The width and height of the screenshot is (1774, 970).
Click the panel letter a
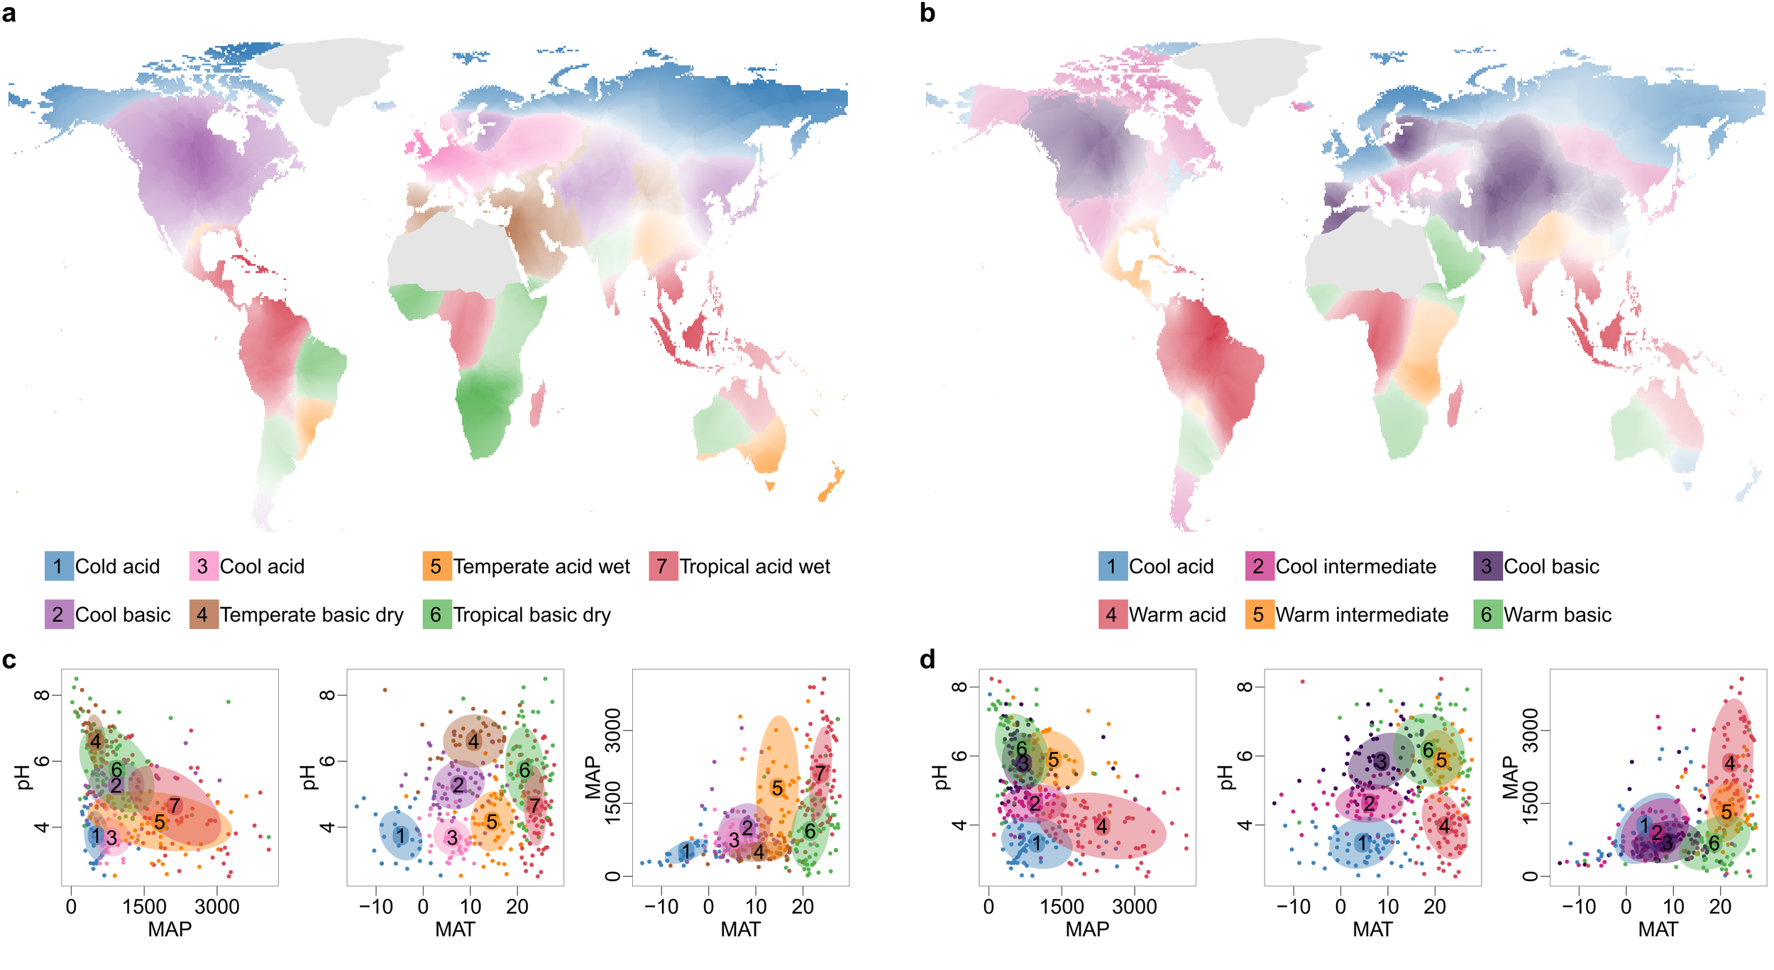[9, 13]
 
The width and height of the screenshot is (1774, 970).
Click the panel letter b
[927, 13]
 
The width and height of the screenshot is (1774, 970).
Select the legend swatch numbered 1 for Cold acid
[58, 566]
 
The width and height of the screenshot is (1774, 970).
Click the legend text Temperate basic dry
[311, 614]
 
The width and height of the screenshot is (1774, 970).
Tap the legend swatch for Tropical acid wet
[663, 566]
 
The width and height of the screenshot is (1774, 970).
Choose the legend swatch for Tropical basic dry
[436, 614]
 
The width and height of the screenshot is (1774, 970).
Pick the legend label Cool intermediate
[1355, 566]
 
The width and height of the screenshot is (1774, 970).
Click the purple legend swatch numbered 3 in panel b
[1487, 566]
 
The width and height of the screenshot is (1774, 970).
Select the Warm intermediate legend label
[1362, 614]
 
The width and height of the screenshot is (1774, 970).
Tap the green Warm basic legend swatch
[1487, 614]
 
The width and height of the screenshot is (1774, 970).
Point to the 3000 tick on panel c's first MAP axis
[217, 907]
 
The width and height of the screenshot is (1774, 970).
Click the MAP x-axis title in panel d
[1087, 930]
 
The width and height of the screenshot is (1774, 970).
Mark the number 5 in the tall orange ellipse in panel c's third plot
[778, 788]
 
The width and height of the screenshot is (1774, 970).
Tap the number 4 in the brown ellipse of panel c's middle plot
[473, 741]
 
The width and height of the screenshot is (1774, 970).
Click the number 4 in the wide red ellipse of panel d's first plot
[1101, 826]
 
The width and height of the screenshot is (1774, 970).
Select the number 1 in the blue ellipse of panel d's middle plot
[1361, 843]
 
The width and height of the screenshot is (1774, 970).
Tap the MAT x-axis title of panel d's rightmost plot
[1658, 930]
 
